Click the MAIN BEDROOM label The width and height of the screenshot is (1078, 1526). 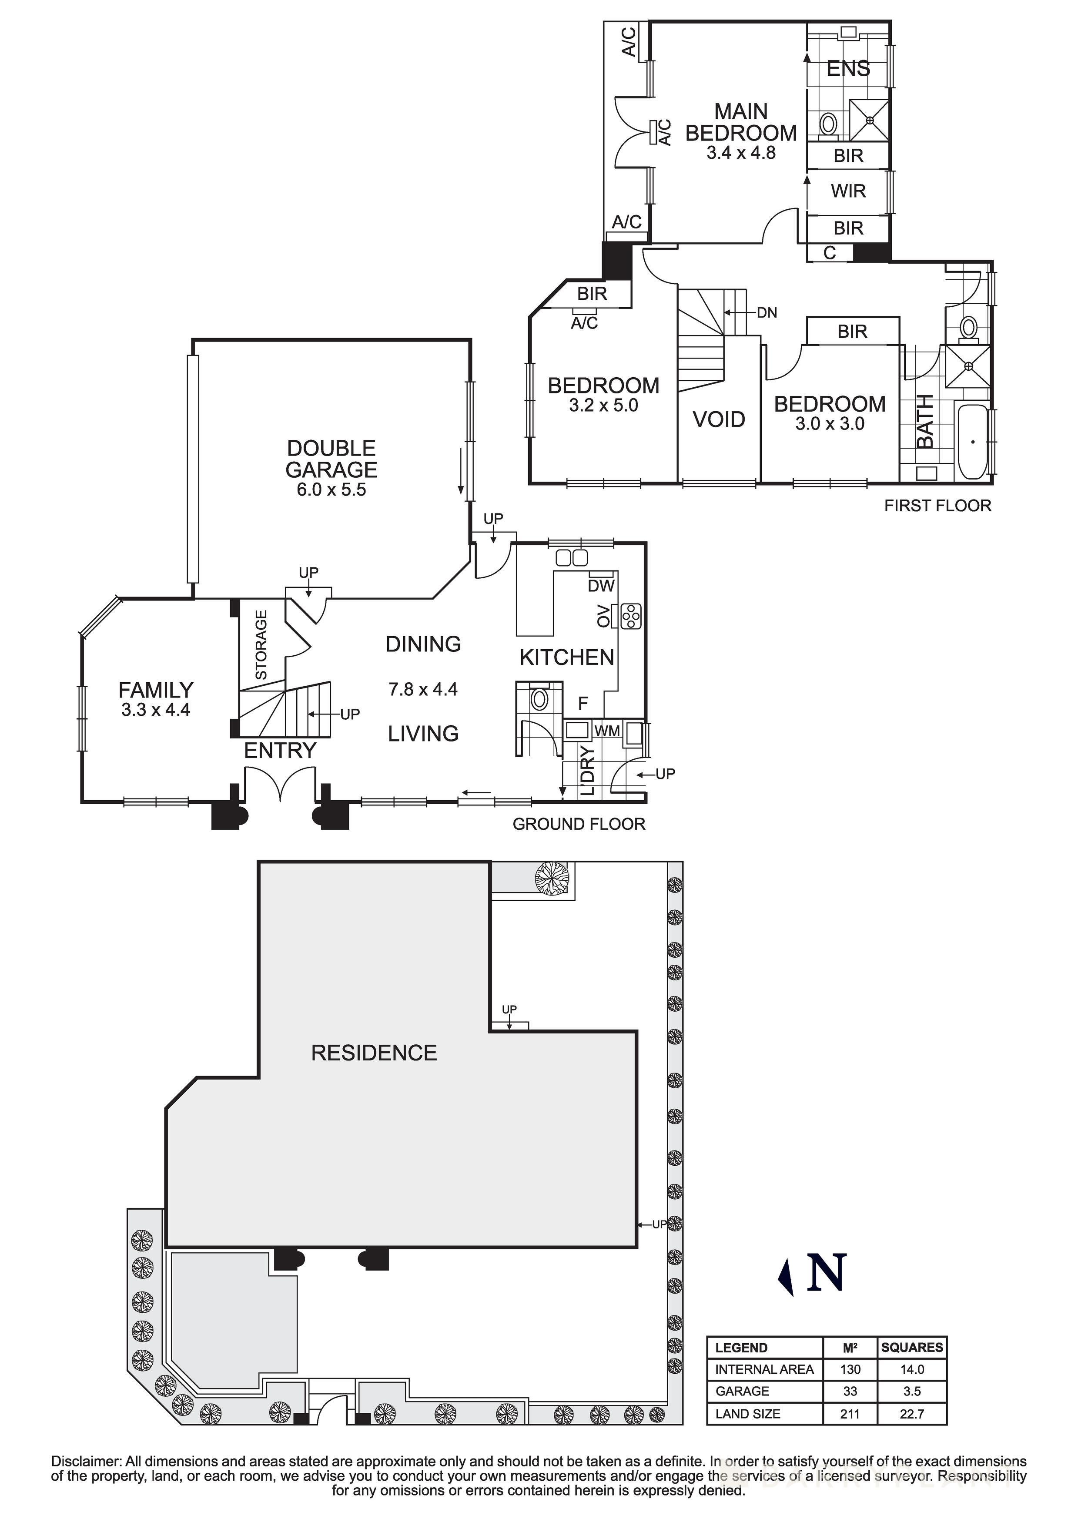(740, 122)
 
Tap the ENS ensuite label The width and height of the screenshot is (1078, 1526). (848, 68)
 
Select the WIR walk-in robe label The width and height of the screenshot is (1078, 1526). (848, 191)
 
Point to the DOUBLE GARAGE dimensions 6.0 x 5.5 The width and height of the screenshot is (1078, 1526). (331, 490)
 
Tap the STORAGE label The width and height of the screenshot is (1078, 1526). (261, 645)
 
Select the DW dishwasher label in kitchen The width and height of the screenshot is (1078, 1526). (601, 586)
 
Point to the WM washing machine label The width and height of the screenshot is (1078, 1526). (607, 731)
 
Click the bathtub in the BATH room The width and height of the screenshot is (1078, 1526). (973, 441)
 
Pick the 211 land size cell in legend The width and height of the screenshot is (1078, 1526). (849, 1414)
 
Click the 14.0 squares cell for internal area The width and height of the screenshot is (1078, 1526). (911, 1369)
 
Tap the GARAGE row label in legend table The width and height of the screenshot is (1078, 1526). (742, 1391)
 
